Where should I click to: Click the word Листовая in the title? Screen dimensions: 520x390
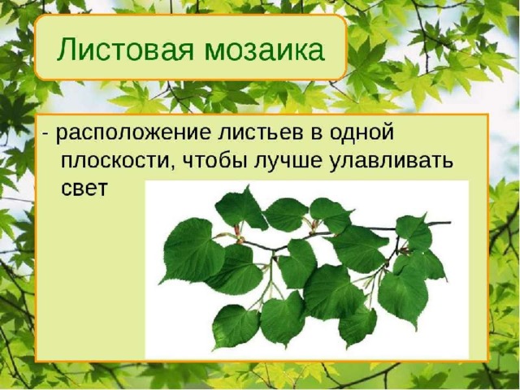coord(124,49)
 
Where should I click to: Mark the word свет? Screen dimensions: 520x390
coord(84,188)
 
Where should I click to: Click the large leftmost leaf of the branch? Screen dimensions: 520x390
coord(192,251)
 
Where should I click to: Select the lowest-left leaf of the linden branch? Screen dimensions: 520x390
coord(235,327)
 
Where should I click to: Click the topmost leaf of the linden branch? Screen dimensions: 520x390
coord(240,208)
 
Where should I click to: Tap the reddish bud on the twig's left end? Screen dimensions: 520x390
coord(236,230)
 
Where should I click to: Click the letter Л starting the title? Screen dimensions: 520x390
coord(67,50)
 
